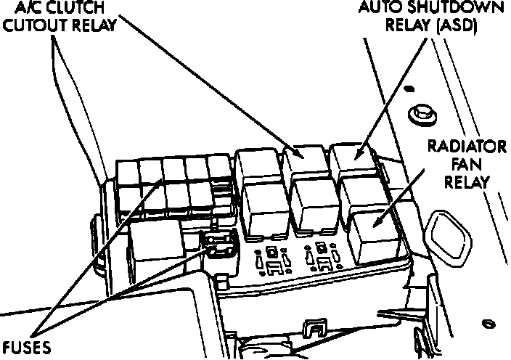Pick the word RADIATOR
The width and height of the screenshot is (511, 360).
pyautogui.click(x=467, y=148)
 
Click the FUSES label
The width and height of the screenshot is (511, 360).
pyautogui.click(x=25, y=347)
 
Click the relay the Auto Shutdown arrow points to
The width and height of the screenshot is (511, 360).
pyautogui.click(x=353, y=160)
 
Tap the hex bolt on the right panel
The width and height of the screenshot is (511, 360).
pyautogui.click(x=419, y=114)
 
